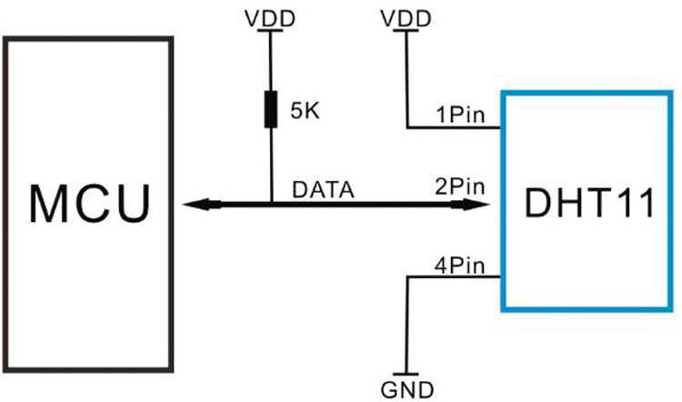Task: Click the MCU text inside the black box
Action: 90,204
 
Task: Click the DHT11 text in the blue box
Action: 590,203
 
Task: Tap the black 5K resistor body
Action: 271,110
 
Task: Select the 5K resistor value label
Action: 305,111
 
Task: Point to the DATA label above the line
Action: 323,190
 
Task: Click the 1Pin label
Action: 461,116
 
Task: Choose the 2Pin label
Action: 460,186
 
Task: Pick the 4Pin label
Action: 460,266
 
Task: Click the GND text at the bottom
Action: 407,390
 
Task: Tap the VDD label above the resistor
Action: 270,19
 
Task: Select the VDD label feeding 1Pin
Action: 406,19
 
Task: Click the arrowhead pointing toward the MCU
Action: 202,204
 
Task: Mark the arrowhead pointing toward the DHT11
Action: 470,204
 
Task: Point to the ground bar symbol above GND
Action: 406,374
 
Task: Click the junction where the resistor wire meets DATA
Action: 272,203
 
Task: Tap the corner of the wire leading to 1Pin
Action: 407,128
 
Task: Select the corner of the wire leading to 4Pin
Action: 408,276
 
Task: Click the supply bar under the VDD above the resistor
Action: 270,30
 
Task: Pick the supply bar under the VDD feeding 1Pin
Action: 406,30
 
